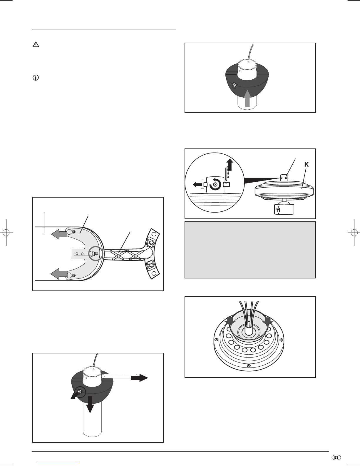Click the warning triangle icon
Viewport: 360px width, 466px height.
pos(36,45)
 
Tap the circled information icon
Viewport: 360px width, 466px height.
pos(36,78)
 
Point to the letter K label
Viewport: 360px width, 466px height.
pos(306,165)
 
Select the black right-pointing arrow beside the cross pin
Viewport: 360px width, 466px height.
pos(139,378)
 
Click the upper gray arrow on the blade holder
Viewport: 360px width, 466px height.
pos(59,234)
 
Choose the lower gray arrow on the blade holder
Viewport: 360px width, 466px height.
pos(59,274)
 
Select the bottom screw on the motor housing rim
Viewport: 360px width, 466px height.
pos(249,366)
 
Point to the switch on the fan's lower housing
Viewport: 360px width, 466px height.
pos(277,210)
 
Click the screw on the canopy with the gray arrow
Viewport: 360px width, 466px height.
pos(234,86)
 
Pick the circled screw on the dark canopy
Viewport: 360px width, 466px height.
pos(79,391)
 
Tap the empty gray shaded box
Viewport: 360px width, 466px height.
pos(250,250)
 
